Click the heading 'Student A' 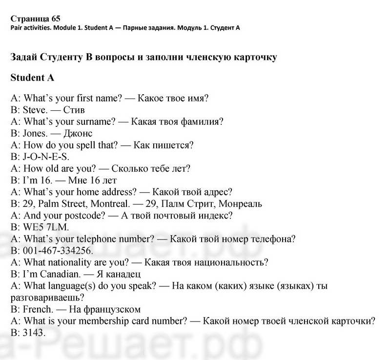(32, 78)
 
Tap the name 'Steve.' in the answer (34, 110)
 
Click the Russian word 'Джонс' (78, 133)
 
